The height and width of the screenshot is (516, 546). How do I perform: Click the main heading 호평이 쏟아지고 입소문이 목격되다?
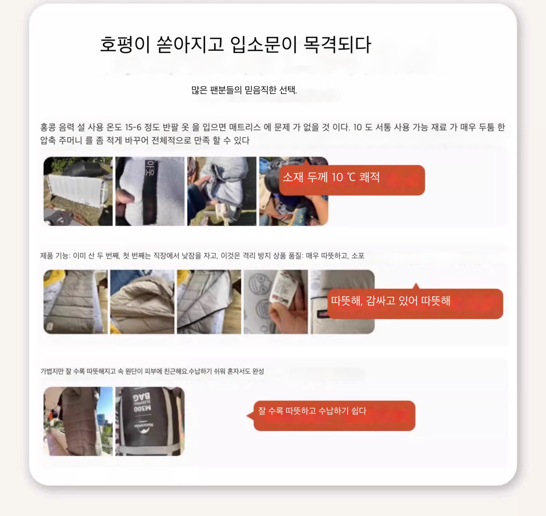pos(235,44)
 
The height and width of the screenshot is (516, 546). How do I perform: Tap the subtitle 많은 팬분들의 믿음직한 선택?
pos(244,90)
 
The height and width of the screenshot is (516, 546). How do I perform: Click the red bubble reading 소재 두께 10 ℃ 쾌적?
pos(352,180)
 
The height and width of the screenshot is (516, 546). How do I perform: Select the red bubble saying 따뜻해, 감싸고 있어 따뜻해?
pos(415,303)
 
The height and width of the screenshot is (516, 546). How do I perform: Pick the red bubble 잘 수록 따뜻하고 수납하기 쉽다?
pos(334,416)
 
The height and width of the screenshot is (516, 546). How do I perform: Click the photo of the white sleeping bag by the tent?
pos(78,191)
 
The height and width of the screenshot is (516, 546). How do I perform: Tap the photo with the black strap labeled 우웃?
pos(150,191)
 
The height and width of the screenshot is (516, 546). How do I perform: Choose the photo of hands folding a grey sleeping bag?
pos(222,191)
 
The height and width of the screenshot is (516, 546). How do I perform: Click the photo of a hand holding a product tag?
pos(276,302)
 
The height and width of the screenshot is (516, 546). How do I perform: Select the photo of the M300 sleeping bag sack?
pos(150,421)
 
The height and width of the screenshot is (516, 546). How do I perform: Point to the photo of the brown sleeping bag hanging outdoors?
pos(78,421)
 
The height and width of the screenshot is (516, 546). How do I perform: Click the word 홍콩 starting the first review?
pos(48,127)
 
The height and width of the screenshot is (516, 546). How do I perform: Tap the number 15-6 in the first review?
pos(133,127)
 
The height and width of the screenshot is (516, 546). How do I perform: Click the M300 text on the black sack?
pos(142,408)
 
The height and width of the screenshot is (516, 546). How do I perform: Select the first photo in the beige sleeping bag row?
pos(76,302)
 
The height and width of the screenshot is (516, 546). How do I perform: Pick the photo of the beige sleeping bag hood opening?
pos(142,302)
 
